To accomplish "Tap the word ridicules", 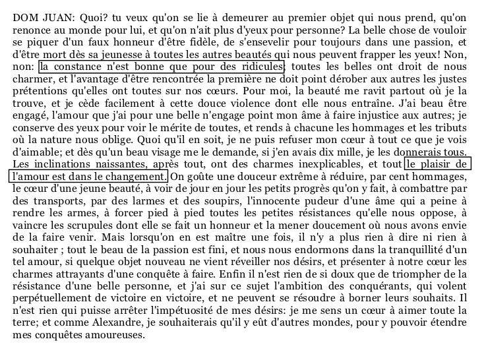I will (261, 67).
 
